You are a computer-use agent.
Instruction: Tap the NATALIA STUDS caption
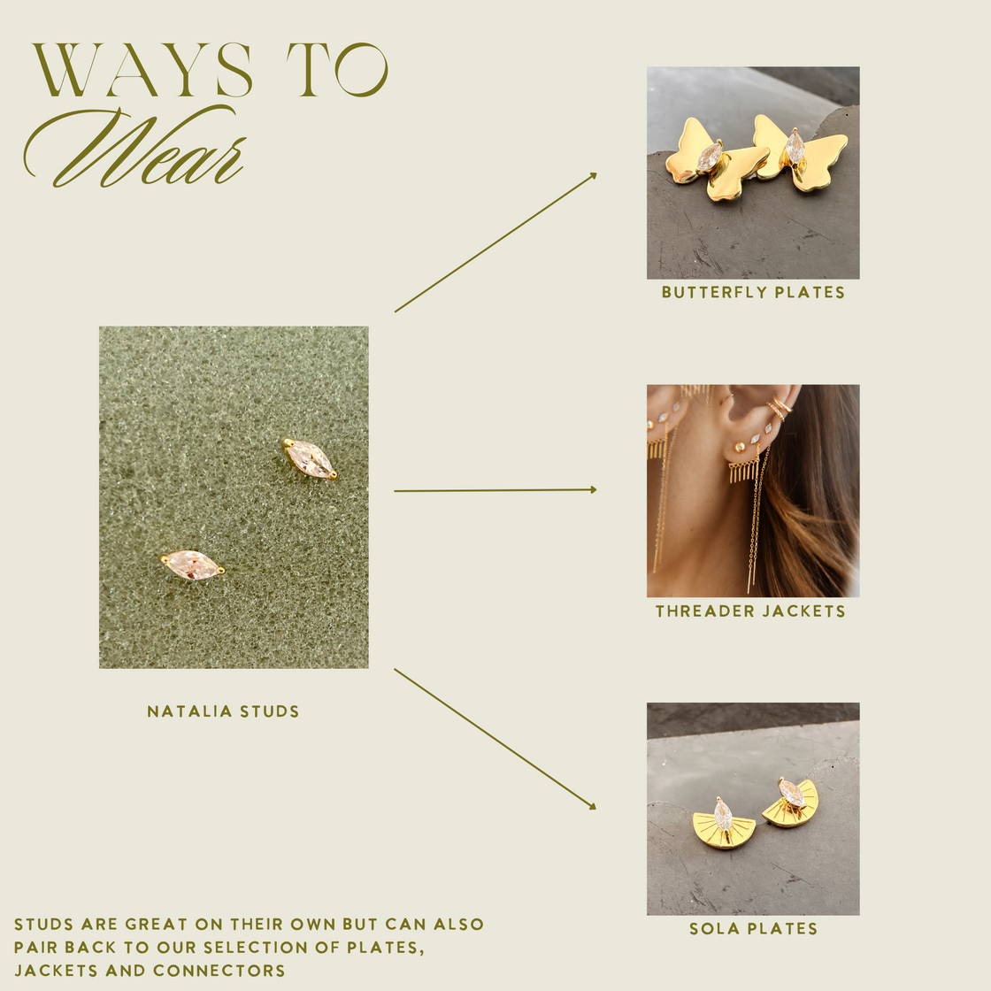pyautogui.click(x=223, y=711)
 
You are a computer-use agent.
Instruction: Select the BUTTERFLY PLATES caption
pyautogui.click(x=753, y=293)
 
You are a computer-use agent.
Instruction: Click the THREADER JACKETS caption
pyautogui.click(x=750, y=611)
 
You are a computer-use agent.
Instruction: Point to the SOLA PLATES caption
pyautogui.click(x=753, y=929)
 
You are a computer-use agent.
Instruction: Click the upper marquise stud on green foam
pyautogui.click(x=310, y=458)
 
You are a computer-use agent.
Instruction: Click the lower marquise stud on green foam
pyautogui.click(x=192, y=565)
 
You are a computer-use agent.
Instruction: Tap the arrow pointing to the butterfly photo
pyautogui.click(x=495, y=242)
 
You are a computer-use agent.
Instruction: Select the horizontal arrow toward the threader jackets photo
pyautogui.click(x=495, y=490)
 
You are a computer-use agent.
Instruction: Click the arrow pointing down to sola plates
pyautogui.click(x=495, y=739)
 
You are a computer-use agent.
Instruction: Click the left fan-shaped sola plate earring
pyautogui.click(x=723, y=825)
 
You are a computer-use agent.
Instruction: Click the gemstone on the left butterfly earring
pyautogui.click(x=709, y=157)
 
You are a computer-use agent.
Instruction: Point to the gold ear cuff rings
pyautogui.click(x=777, y=408)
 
